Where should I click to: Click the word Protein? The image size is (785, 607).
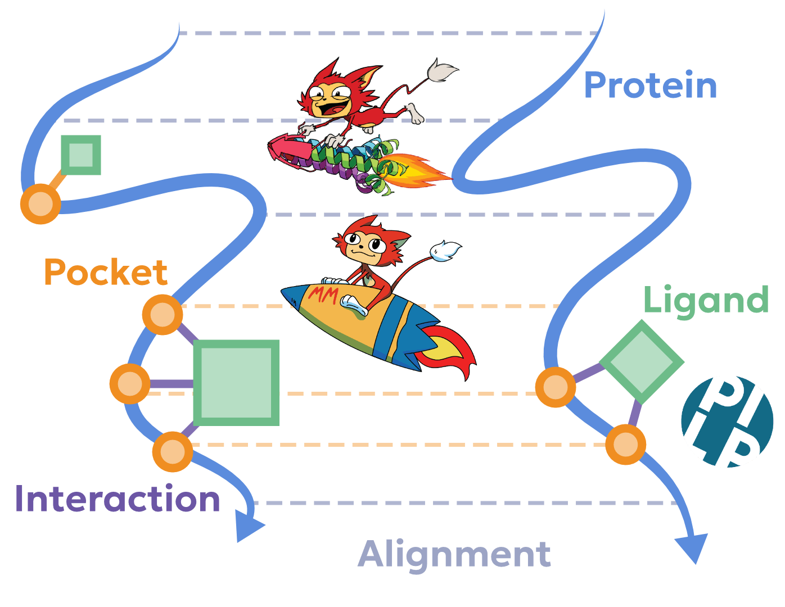pos(651,85)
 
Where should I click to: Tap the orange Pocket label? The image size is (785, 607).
pos(106,273)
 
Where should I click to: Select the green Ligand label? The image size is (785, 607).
pos(705,300)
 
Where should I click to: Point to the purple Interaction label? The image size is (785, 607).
pos(118,499)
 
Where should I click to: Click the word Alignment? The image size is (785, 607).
pos(454,554)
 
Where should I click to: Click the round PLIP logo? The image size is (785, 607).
pos(727,422)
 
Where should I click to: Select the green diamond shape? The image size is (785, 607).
pos(642,362)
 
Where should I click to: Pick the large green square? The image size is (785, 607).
pos(236,382)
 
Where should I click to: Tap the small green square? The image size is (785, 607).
pos(81,155)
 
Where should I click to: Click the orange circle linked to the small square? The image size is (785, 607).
pos(40,203)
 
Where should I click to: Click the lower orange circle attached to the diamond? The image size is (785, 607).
pos(625,445)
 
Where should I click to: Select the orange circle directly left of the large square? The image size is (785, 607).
pos(130,384)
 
